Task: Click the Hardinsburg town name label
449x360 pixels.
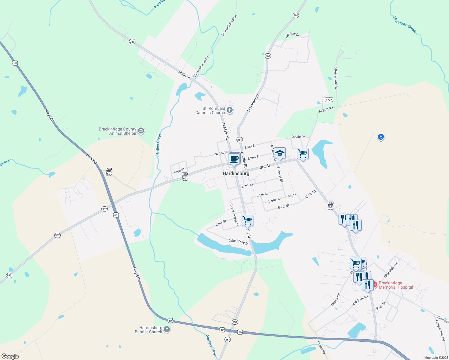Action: click(236, 173)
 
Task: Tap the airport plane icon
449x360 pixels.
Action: click(381, 137)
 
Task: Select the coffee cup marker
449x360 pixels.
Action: click(234, 159)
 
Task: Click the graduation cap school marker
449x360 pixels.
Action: click(280, 153)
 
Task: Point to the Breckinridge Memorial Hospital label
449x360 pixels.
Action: click(396, 285)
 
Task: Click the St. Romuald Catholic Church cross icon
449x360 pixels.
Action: click(230, 110)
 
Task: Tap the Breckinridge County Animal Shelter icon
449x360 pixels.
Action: click(141, 131)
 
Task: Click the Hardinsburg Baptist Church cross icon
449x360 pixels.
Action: click(167, 329)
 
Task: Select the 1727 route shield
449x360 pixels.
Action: click(329, 100)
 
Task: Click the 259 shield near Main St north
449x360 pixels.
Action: click(132, 42)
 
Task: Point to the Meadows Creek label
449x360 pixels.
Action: click(405, 25)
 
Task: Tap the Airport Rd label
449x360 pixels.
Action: click(326, 109)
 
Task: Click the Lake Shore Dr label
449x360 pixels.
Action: click(239, 242)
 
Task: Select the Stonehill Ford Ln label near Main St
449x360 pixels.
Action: click(201, 67)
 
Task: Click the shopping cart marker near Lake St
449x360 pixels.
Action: click(248, 220)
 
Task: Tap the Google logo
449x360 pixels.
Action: click(10, 356)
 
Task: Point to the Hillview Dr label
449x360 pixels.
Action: click(292, 35)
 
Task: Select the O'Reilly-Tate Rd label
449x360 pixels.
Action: click(336, 78)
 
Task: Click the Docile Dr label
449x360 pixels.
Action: click(298, 136)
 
